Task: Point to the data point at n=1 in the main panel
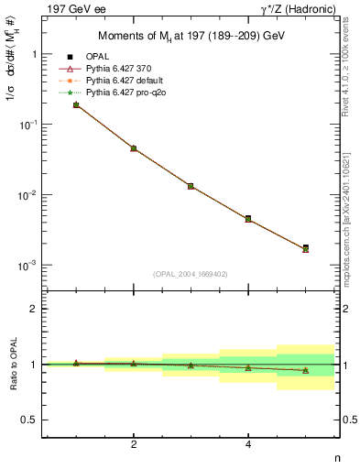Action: pos(76,105)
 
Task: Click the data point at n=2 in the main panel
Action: pos(134,148)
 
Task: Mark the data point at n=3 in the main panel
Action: pos(191,186)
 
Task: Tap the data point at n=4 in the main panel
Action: pos(248,219)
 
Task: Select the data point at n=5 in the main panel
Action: pos(305,248)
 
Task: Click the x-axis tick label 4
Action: pos(248,444)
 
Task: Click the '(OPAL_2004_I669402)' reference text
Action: pos(191,273)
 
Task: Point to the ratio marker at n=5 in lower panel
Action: pos(305,370)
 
